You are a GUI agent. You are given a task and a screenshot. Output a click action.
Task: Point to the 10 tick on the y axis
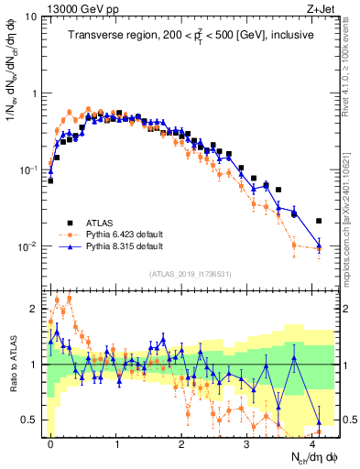click(29, 16)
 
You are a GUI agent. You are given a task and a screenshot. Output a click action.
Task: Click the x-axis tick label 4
click(314, 442)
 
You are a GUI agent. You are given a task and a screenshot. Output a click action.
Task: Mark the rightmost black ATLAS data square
click(319, 221)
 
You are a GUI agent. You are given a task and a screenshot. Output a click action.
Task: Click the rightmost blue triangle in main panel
click(319, 244)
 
